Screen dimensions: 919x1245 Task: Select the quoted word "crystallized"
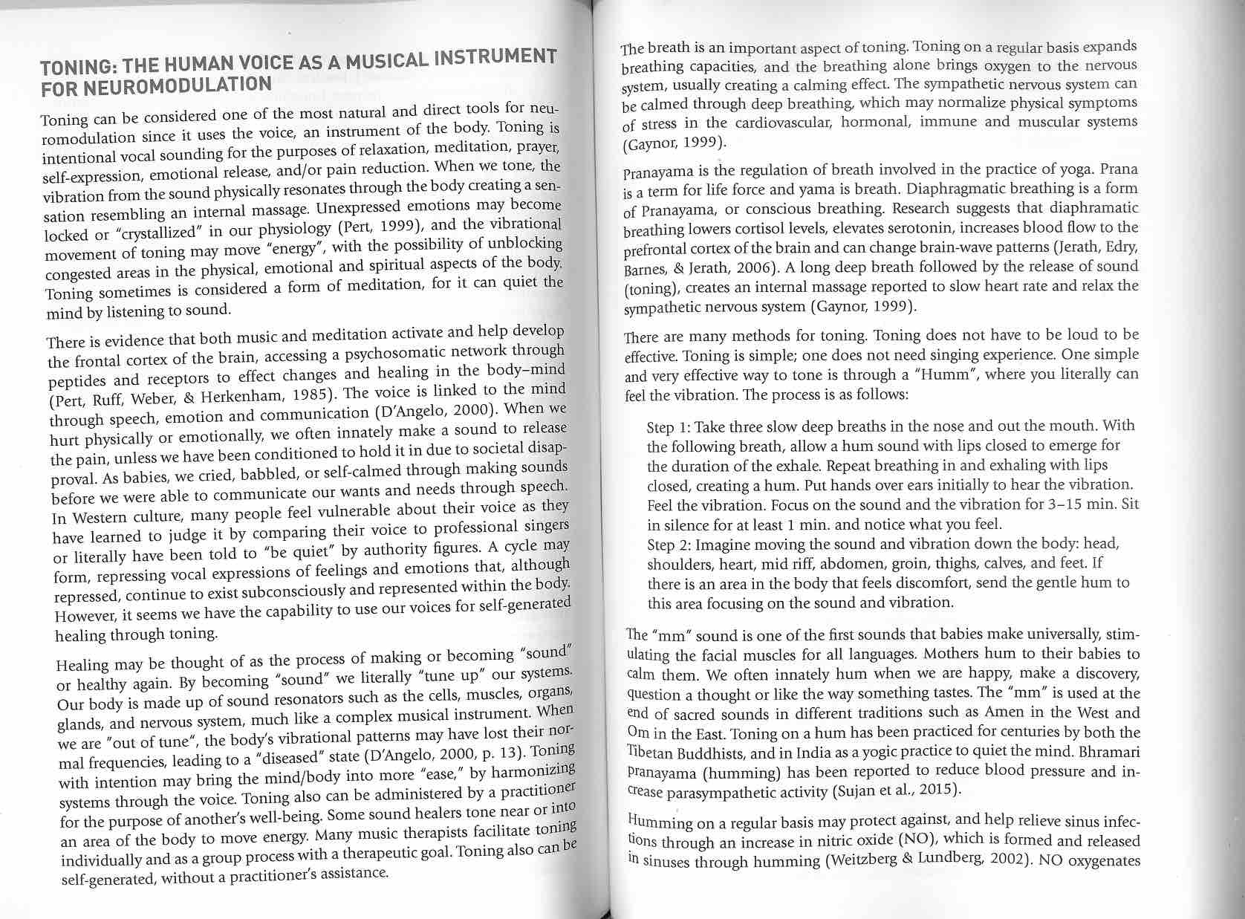pyautogui.click(x=164, y=232)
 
